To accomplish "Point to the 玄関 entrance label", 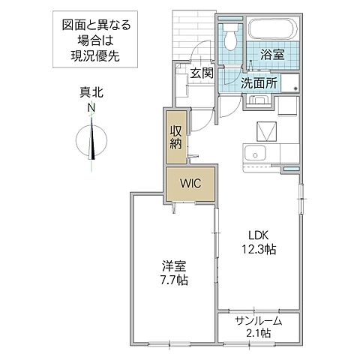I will (201, 73).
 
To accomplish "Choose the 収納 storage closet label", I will (176, 136).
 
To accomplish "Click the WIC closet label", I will (189, 183).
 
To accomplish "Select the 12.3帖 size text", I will (259, 249).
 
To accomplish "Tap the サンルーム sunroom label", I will (258, 320).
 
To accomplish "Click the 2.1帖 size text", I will (258, 334).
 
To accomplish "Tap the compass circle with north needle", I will (91, 142).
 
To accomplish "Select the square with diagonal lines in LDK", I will (266, 133).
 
